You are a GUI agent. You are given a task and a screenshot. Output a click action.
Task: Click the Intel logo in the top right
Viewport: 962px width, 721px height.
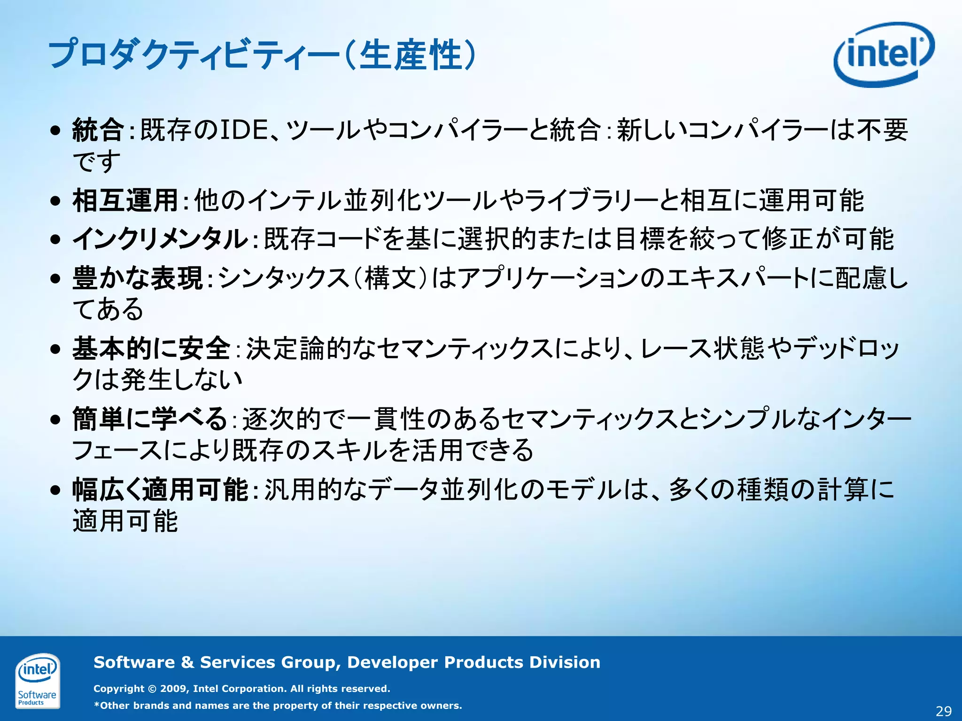[884, 54]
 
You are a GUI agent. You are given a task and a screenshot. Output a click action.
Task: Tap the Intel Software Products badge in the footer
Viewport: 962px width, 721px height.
[38, 681]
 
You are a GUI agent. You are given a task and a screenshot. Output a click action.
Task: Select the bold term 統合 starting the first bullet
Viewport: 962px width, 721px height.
[98, 130]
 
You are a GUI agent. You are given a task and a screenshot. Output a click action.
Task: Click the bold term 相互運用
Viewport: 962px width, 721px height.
[125, 200]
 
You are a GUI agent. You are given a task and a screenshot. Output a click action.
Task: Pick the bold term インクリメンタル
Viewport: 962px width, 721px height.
[160, 239]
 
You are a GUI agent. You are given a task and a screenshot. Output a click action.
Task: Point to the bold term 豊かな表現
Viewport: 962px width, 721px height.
[138, 277]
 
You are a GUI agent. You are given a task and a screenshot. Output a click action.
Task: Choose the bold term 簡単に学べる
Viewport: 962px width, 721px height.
[150, 419]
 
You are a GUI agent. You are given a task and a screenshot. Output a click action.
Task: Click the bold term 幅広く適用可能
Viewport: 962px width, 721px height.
[160, 490]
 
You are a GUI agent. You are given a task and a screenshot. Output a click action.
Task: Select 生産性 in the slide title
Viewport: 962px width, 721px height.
[410, 55]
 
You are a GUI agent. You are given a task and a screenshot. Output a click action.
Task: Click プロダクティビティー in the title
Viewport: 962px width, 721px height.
[194, 55]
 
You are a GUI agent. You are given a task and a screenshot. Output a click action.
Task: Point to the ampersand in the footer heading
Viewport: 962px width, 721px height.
[187, 662]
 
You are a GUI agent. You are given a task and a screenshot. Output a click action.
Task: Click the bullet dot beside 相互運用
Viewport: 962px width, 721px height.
[56, 201]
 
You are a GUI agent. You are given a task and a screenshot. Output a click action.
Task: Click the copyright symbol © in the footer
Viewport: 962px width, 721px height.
[152, 689]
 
